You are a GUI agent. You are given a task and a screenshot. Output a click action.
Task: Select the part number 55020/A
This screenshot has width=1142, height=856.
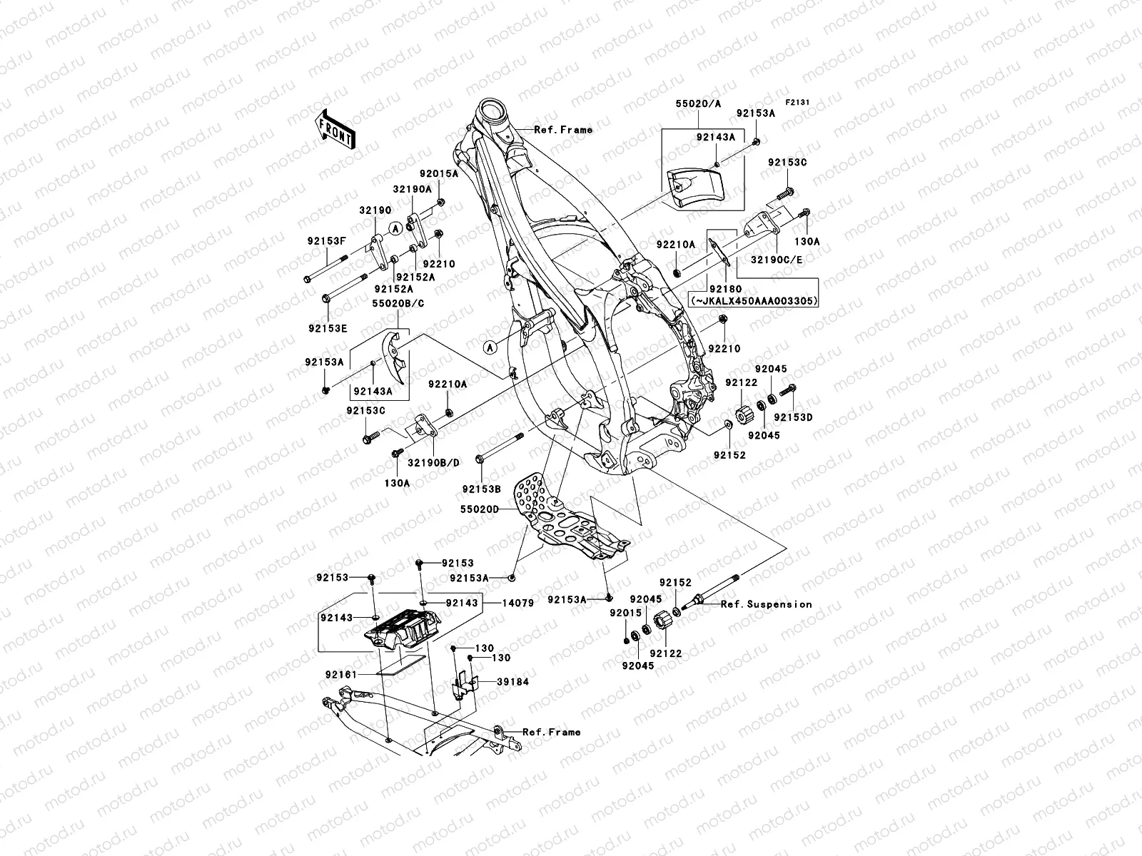tap(698, 103)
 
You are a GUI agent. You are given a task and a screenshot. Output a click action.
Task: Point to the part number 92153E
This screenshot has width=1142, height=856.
tap(328, 328)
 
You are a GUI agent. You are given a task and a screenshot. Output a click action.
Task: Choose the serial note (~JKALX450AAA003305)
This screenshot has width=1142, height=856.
tap(753, 301)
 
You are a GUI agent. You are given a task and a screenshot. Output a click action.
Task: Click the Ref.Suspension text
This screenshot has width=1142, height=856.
tap(766, 604)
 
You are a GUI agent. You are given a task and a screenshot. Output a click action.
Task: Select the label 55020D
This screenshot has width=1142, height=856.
tap(491, 510)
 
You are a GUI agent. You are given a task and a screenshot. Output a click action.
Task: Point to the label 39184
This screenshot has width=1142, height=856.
tap(513, 682)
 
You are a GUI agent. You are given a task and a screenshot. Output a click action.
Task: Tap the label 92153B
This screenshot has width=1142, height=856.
tap(481, 489)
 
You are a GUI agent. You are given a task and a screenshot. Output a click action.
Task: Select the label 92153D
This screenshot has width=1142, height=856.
tap(794, 417)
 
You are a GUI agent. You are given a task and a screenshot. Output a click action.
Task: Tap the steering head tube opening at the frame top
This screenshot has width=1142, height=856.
tap(492, 112)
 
